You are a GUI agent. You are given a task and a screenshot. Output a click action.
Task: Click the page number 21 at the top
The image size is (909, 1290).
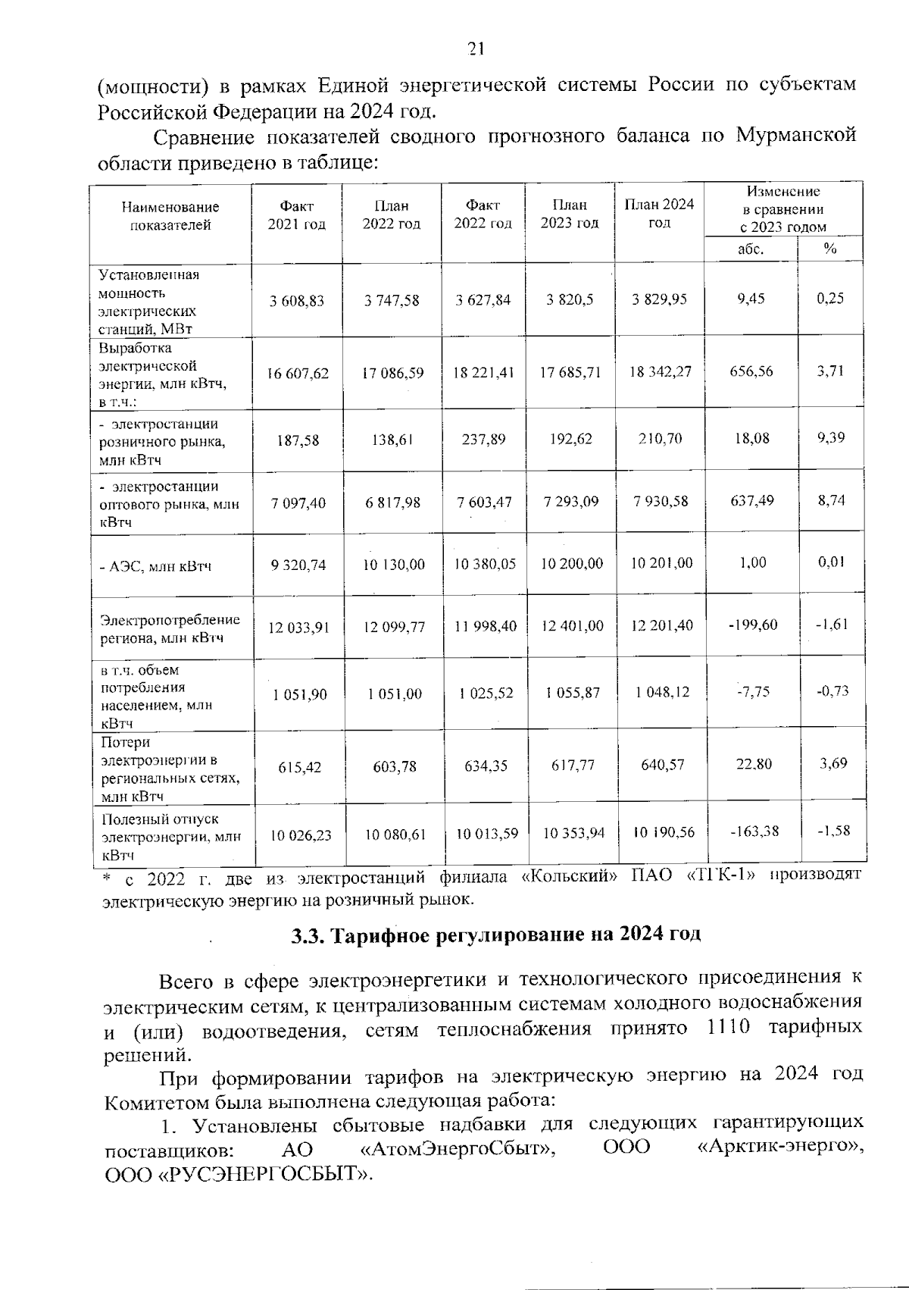pyautogui.click(x=476, y=49)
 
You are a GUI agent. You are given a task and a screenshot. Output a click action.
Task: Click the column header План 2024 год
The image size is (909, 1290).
pyautogui.click(x=658, y=213)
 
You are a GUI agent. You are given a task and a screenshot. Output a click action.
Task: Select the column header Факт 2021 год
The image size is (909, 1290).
pyautogui.click(x=296, y=215)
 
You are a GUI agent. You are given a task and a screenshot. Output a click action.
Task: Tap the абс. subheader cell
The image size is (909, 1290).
pyautogui.click(x=750, y=249)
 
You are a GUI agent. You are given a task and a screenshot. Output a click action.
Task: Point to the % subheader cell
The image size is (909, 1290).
pyautogui.click(x=830, y=249)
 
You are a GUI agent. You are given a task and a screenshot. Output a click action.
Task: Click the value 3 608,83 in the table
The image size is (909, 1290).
pyautogui.click(x=296, y=300)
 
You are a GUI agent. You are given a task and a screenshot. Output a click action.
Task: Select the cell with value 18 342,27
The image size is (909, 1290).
pyautogui.click(x=660, y=372)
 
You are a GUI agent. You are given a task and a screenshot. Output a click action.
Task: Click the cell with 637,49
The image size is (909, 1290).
pyautogui.click(x=751, y=500)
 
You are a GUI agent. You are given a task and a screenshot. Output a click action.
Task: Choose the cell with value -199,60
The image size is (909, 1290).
pyautogui.click(x=751, y=625)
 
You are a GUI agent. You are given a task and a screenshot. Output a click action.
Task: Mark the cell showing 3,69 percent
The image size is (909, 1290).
pyautogui.click(x=832, y=763)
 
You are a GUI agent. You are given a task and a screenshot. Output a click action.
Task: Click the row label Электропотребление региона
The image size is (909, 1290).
pyautogui.click(x=170, y=629)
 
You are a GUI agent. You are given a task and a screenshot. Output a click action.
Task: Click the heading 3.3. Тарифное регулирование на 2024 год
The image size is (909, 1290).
pyautogui.click(x=496, y=934)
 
